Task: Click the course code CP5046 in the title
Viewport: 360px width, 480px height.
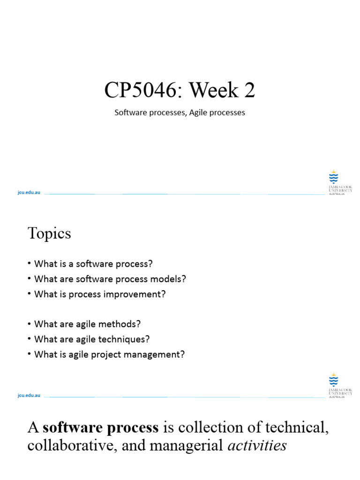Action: [141, 90]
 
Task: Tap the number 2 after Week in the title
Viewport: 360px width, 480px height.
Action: [249, 90]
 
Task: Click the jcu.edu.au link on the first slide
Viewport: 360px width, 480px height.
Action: [29, 192]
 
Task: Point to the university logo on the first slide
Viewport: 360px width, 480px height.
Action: [340, 183]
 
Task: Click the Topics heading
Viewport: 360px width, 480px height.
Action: [49, 233]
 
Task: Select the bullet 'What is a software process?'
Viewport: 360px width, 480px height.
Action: [93, 264]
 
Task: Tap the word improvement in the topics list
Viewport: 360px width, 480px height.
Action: [132, 294]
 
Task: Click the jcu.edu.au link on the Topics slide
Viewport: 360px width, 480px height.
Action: [29, 395]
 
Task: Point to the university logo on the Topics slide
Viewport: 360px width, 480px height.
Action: [340, 386]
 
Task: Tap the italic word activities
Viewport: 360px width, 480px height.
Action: [257, 445]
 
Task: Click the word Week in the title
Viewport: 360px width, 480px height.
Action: [214, 90]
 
